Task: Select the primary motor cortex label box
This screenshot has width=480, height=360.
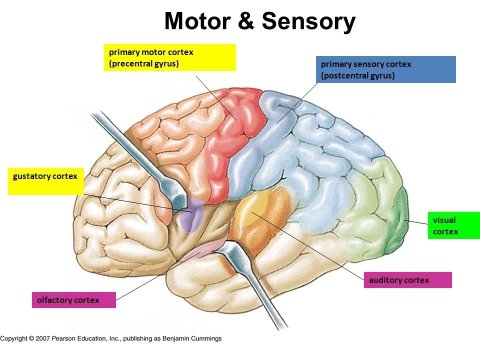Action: [169, 57]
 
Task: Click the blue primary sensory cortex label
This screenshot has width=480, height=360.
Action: [386, 69]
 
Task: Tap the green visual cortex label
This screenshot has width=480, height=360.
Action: [453, 225]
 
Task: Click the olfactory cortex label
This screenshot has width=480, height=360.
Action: [74, 300]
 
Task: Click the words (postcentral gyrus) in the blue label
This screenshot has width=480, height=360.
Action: [357, 76]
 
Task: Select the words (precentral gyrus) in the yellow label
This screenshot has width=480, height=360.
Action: [144, 63]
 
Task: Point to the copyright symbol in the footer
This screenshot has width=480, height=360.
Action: [31, 338]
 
